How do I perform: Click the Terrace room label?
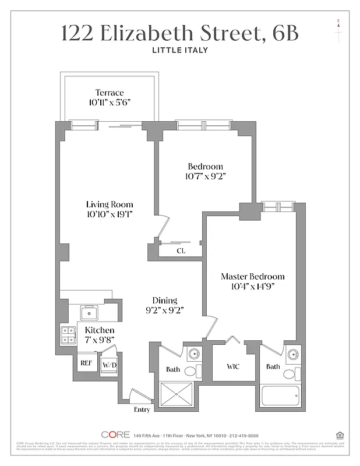click(x=110, y=93)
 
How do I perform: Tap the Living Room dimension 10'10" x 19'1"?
click(x=110, y=214)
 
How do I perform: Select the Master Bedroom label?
click(x=252, y=276)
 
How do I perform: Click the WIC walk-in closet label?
click(x=232, y=367)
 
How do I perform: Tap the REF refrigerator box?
click(x=86, y=363)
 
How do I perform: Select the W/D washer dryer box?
click(x=110, y=365)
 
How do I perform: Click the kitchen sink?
click(x=89, y=313)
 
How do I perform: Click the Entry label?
click(x=142, y=409)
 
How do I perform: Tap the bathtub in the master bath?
click(x=280, y=396)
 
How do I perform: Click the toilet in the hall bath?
click(x=191, y=370)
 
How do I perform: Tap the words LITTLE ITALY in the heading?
click(x=179, y=50)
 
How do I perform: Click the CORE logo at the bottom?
click(x=115, y=435)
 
